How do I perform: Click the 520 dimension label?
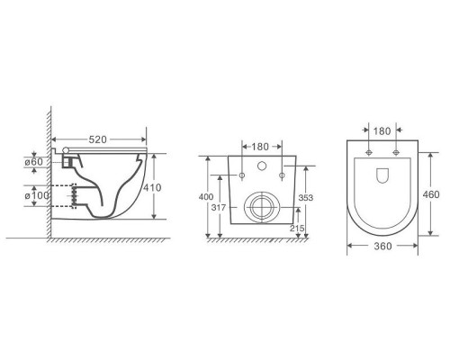[97, 139]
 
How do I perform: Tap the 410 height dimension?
[152, 188]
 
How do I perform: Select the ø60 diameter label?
[33, 162]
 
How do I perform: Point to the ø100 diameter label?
[37, 195]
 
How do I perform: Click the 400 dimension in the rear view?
[206, 197]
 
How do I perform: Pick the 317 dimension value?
[219, 208]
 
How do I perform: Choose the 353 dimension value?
[306, 198]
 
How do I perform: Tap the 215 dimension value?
[297, 229]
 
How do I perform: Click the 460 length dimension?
[431, 194]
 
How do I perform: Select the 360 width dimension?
[382, 247]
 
